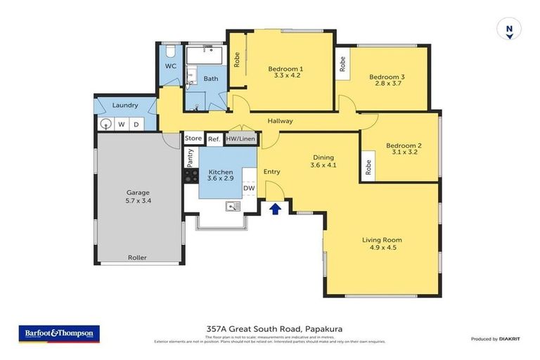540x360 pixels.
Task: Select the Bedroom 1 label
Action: click(x=285, y=68)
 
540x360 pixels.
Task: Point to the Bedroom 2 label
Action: click(x=403, y=146)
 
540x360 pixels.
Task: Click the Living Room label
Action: click(x=382, y=240)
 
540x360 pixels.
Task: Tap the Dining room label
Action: click(x=323, y=157)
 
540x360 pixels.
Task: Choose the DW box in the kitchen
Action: click(x=249, y=188)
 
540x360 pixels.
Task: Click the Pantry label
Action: click(x=191, y=158)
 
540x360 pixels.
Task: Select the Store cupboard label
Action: click(x=193, y=139)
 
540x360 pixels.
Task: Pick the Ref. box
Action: click(x=214, y=139)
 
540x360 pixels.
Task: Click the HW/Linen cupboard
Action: click(x=240, y=139)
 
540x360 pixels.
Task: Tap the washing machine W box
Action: click(x=122, y=124)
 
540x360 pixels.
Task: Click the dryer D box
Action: click(x=136, y=124)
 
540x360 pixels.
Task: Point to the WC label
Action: click(x=170, y=66)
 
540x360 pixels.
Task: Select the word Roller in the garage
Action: click(x=137, y=257)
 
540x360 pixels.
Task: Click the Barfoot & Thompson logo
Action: click(x=59, y=333)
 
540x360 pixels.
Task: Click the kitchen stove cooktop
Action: click(x=191, y=176)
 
